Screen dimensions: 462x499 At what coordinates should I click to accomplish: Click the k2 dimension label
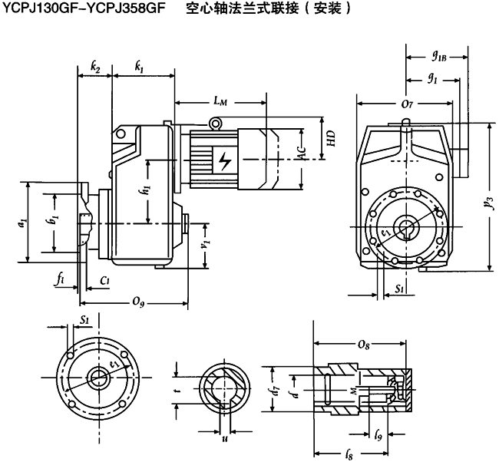coord(95,68)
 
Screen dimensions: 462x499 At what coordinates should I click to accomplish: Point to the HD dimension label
coord(330,139)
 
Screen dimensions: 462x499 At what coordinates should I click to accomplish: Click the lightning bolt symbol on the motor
coord(224,162)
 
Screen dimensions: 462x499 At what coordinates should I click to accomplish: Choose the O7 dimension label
coord(408,103)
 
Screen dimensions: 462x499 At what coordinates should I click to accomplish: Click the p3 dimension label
coord(488,203)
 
